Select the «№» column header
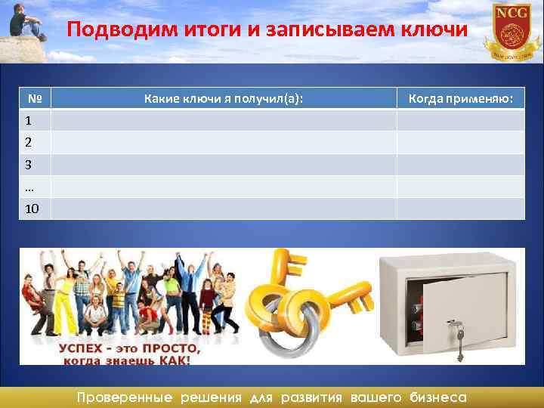coord(34,98)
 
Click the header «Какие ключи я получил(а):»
coord(224,98)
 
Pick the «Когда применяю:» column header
coord(460,98)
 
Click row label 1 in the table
coord(28,120)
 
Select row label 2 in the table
coord(28,142)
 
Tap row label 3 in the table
coord(28,164)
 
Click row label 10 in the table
coord(32,209)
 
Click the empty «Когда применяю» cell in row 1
coord(460,120)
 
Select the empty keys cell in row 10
coord(224,209)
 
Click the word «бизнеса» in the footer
coord(437,397)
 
